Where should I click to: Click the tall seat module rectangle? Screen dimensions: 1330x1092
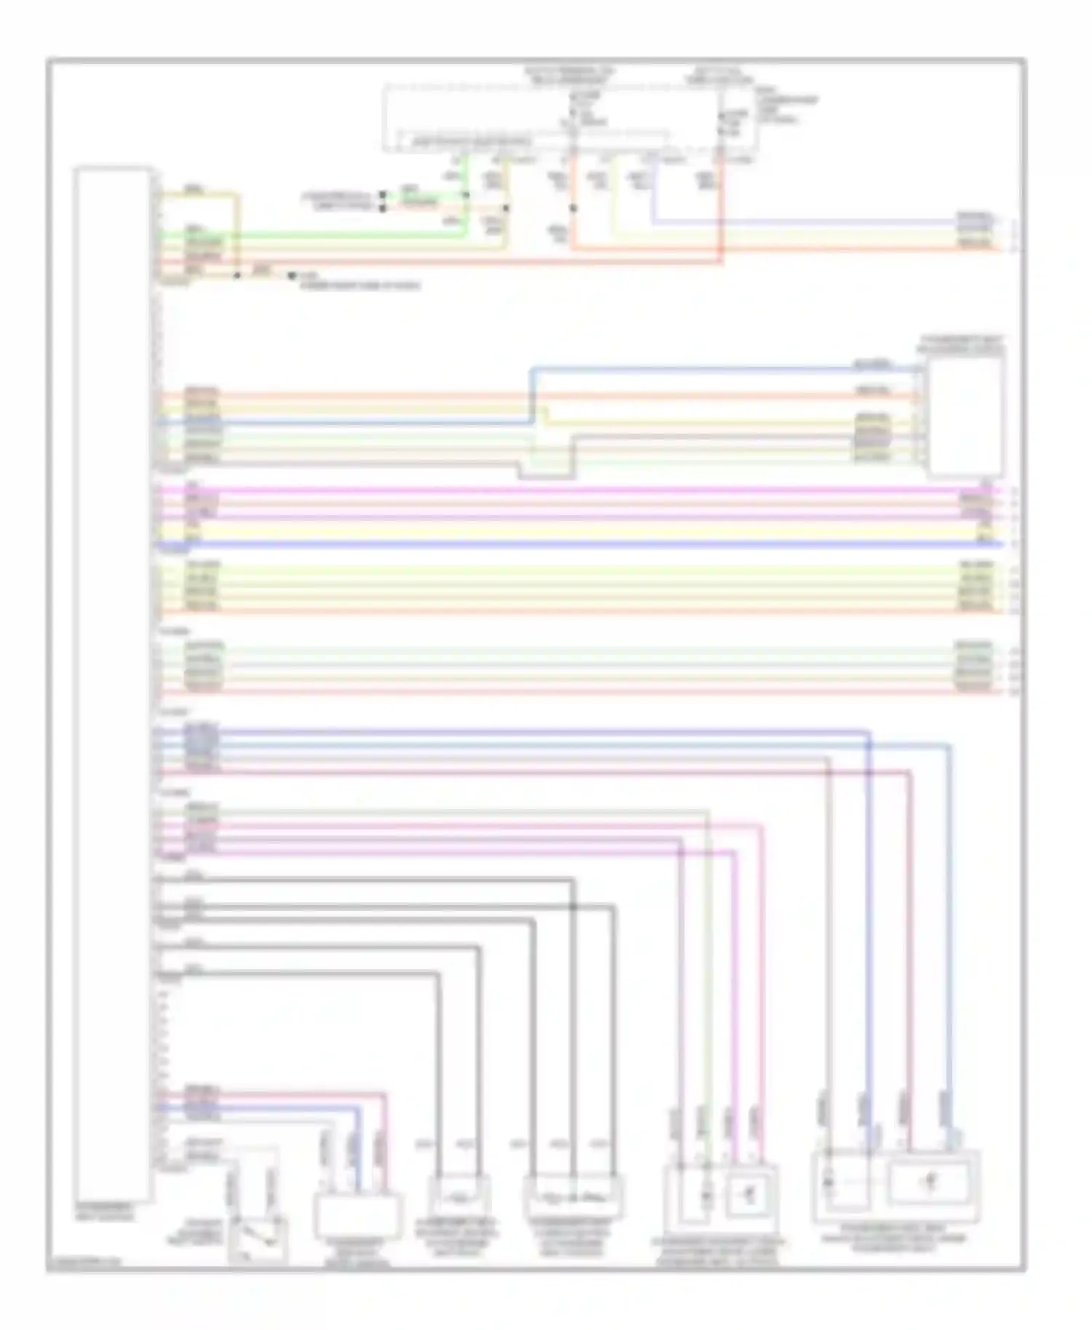click(113, 684)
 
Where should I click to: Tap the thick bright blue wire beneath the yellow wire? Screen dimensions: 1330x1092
click(582, 544)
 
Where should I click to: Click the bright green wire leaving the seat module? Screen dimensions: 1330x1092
click(313, 235)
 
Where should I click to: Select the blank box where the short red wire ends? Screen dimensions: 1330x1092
click(357, 1216)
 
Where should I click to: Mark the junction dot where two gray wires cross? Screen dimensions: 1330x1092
click(573, 907)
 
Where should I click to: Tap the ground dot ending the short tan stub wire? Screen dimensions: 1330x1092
click(291, 276)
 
